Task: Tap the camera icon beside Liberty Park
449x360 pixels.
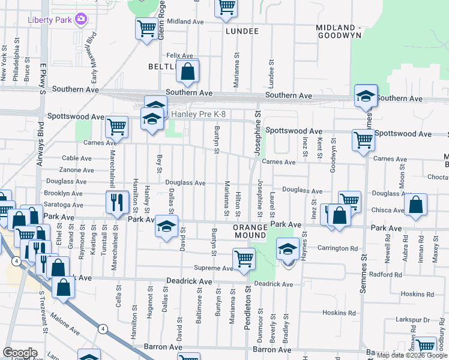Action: [x=80, y=20]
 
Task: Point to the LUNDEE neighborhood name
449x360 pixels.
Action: [x=242, y=31]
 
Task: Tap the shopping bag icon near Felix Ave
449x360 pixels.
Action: [x=188, y=71]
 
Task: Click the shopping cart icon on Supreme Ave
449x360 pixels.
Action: [x=243, y=259]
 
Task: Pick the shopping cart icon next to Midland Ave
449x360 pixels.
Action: [x=146, y=28]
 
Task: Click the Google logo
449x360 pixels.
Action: [x=20, y=353]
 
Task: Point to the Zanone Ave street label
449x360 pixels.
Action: [x=76, y=170]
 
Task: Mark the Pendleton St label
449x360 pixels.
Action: [x=247, y=306]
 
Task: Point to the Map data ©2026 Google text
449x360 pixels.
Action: [x=411, y=355]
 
